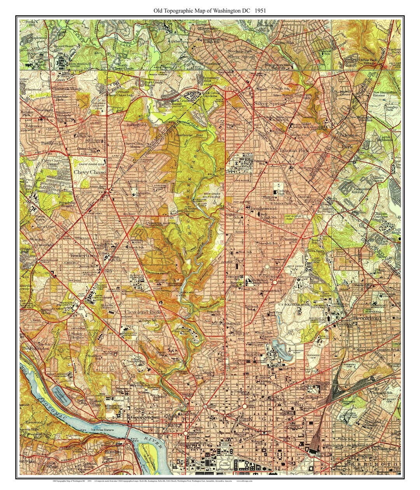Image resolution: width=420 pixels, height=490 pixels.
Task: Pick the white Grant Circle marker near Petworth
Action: [x=286, y=282]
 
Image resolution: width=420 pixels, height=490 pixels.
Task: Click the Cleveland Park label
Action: [x=143, y=312]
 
